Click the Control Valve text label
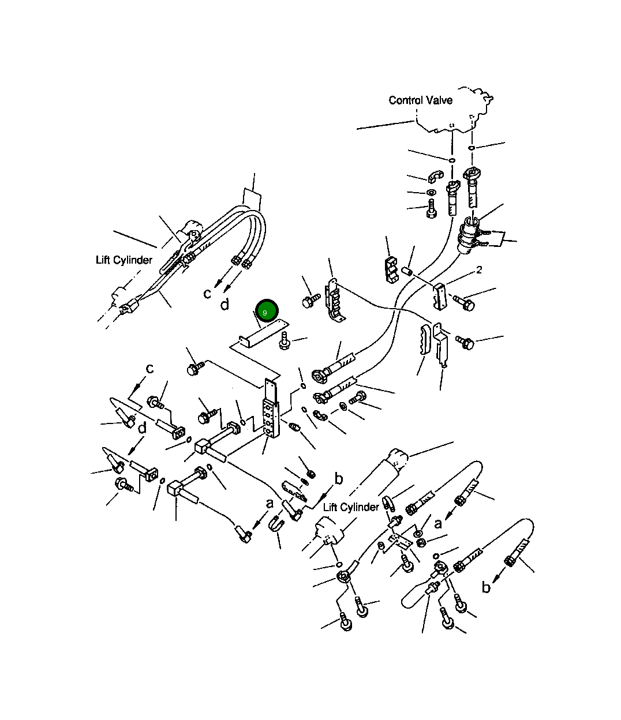point(420,100)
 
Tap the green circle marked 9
point(267,311)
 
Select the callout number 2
point(479,269)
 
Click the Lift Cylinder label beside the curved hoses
point(124,260)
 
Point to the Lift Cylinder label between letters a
point(351,507)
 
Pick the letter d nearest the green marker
point(225,305)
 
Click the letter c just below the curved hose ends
point(207,294)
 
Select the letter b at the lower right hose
point(486,587)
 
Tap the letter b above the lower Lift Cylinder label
point(338,479)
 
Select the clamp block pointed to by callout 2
point(440,297)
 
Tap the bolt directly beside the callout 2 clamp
point(464,303)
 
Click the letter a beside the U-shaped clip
point(270,504)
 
